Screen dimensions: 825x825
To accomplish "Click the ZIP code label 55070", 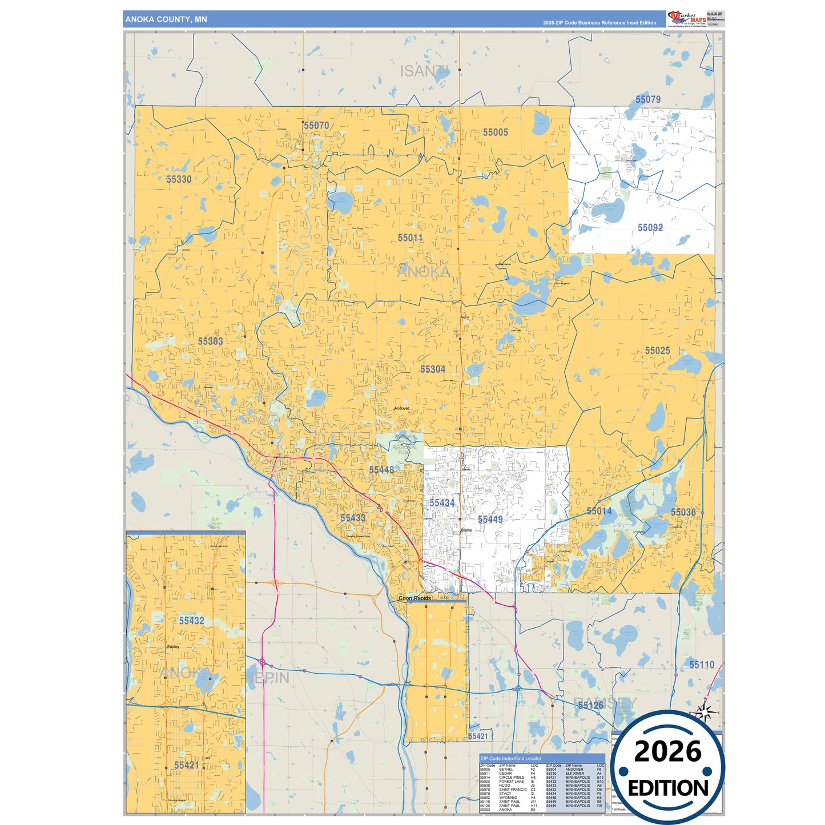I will (x=316, y=126).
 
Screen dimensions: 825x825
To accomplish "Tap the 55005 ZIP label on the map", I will (x=495, y=132).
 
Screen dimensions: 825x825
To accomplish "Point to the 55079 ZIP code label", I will (x=647, y=99).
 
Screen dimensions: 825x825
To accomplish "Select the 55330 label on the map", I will (x=179, y=179).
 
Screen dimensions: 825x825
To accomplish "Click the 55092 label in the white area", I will (x=650, y=228).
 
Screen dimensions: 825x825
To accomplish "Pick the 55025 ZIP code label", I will (x=657, y=351).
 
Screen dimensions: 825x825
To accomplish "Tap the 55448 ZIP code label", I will (x=381, y=470).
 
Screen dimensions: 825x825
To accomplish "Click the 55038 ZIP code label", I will (x=683, y=512).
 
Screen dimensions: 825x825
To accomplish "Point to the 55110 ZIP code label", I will (x=701, y=665).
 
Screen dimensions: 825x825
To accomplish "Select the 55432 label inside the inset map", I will (x=191, y=621).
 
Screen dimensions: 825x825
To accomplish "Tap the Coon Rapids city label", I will (x=414, y=598).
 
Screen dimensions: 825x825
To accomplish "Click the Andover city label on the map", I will (x=401, y=408).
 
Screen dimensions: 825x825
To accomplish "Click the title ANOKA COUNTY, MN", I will (x=166, y=19).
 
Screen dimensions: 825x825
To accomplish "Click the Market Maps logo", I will (x=687, y=19).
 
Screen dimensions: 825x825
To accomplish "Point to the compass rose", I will (x=705, y=712).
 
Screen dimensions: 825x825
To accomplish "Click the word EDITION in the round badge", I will (x=667, y=788).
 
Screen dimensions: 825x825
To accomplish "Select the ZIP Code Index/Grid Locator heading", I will (x=511, y=759).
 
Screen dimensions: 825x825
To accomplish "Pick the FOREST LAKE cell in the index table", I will (x=511, y=782).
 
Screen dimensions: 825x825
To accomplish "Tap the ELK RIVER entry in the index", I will (x=574, y=774).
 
